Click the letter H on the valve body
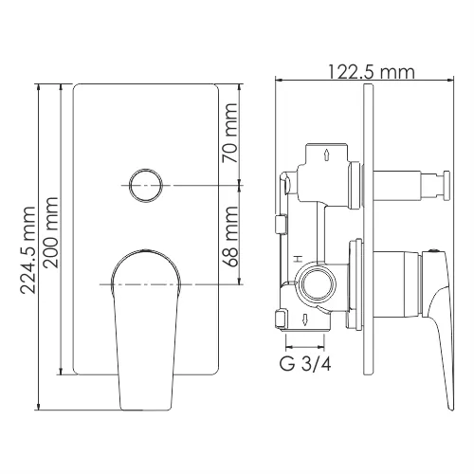pos(297,259)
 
